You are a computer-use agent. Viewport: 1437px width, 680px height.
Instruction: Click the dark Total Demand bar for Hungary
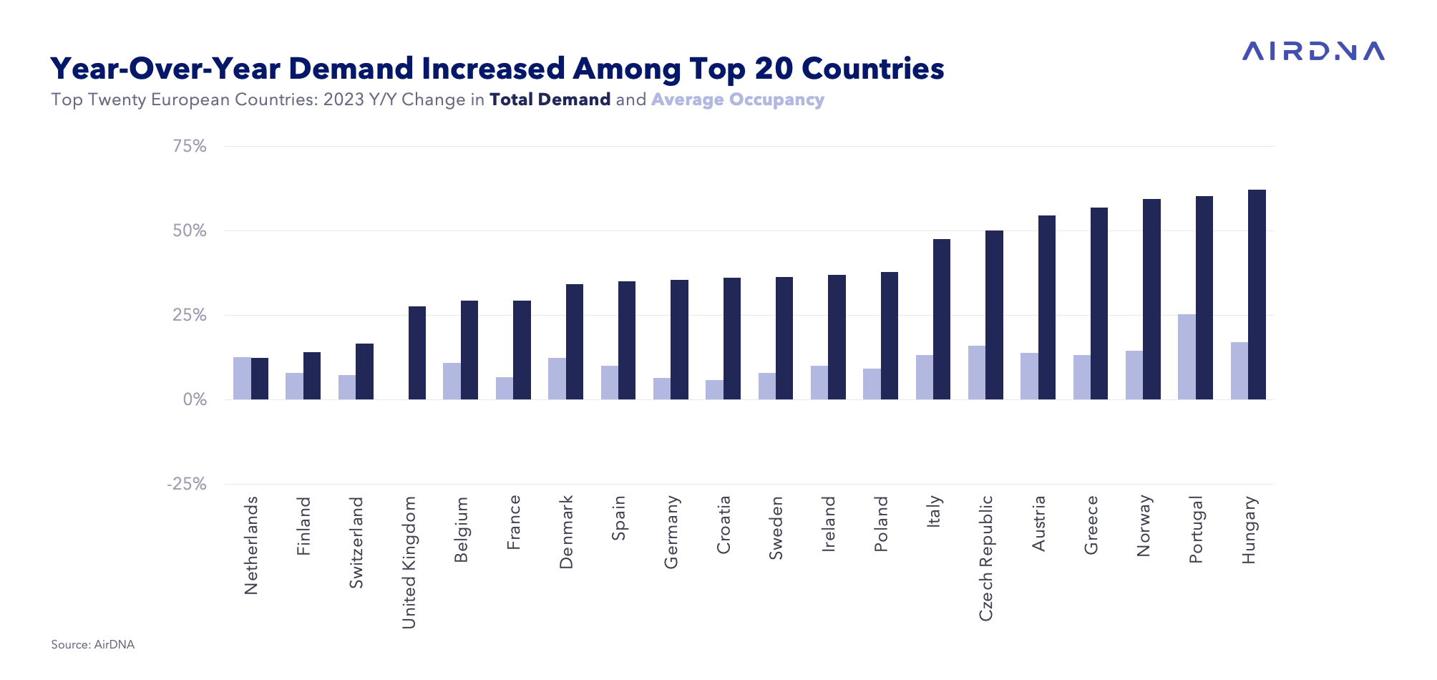1257,294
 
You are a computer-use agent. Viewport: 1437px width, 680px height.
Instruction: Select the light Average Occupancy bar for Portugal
1187,356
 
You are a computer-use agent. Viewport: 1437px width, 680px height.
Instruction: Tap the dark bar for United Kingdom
417,353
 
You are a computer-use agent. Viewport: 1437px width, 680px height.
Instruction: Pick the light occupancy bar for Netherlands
242,378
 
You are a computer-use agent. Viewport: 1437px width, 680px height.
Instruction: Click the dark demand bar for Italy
942,319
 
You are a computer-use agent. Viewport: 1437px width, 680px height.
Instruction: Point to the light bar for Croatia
714,389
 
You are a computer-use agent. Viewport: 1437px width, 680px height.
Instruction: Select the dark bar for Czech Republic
994,315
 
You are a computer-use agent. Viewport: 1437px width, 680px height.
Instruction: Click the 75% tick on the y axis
190,147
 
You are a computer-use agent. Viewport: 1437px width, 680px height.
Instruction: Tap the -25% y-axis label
187,485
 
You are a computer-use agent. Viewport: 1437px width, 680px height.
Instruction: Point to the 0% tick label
195,400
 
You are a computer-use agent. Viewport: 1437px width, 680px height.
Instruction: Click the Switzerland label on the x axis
356,543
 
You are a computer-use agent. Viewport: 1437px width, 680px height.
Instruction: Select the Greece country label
1091,525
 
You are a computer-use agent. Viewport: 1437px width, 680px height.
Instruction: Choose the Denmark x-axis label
566,532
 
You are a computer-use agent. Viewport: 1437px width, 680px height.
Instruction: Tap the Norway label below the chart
1144,525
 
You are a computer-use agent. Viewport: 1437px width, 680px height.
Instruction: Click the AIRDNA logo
1313,51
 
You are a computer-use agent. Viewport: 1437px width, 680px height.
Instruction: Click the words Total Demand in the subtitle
550,99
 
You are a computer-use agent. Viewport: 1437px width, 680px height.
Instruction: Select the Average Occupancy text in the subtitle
738,99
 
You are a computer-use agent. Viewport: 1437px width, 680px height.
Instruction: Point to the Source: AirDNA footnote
93,644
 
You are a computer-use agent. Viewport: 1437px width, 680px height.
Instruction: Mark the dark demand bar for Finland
312,376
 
